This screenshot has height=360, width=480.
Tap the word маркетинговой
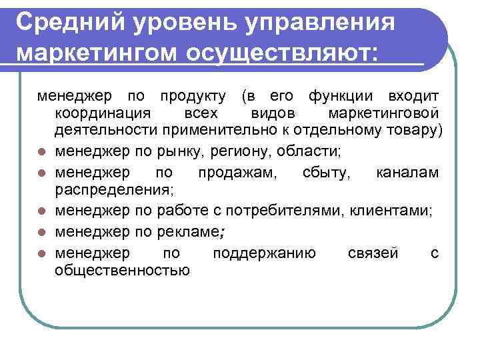(383, 111)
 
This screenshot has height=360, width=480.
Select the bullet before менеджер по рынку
(41, 151)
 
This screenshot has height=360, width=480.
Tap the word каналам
(407, 173)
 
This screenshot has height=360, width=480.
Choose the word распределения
(114, 189)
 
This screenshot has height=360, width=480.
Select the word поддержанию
(264, 253)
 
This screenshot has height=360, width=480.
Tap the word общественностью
(122, 269)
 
